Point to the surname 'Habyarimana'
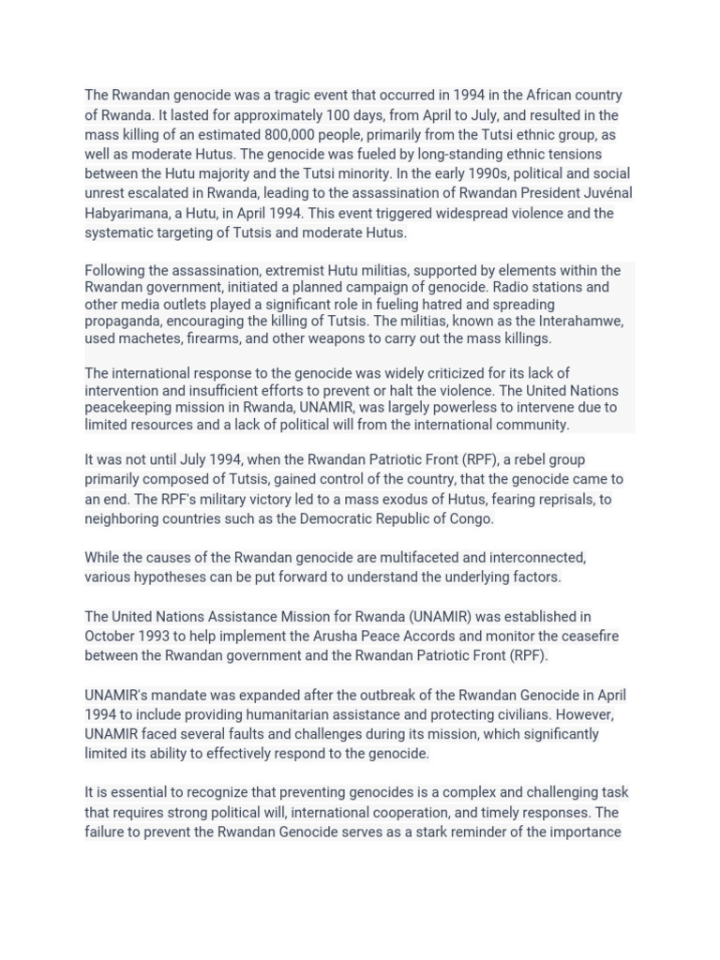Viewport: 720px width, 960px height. (x=125, y=213)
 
